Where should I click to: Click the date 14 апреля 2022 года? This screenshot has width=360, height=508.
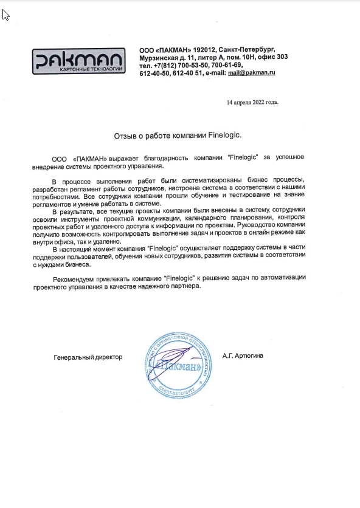tap(252, 102)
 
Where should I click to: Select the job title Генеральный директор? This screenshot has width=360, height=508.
tap(88, 357)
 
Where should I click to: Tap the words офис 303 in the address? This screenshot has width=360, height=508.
tap(273, 57)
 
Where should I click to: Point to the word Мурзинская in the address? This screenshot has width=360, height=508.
tap(161, 57)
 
